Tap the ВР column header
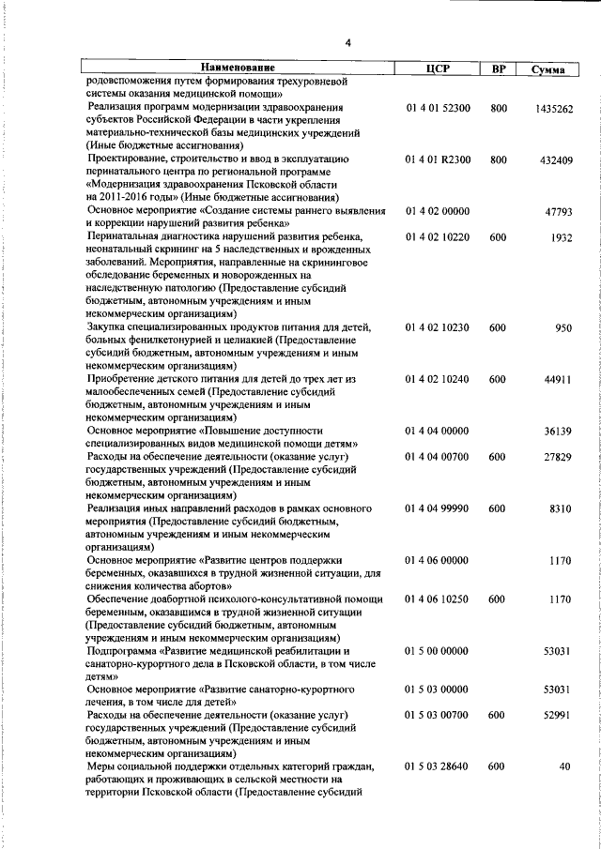(499, 68)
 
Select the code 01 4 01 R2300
(438, 160)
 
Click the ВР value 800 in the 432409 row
(499, 160)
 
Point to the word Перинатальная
(125, 237)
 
